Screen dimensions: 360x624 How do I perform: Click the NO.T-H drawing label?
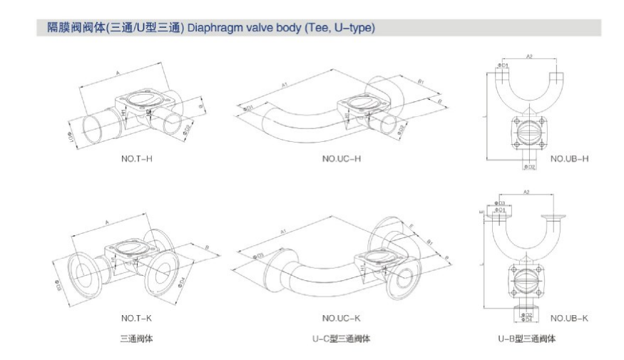[x=135, y=158]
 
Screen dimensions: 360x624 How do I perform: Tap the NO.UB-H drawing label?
[x=569, y=158]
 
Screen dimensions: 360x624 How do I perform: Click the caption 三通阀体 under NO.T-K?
[x=135, y=338]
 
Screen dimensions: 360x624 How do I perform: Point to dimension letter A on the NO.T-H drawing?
[x=116, y=71]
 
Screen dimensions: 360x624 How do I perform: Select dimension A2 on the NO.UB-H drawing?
[x=529, y=55]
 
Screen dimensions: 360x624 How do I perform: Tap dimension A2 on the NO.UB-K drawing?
[x=526, y=192]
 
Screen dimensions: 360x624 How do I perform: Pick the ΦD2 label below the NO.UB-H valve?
[x=529, y=166]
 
